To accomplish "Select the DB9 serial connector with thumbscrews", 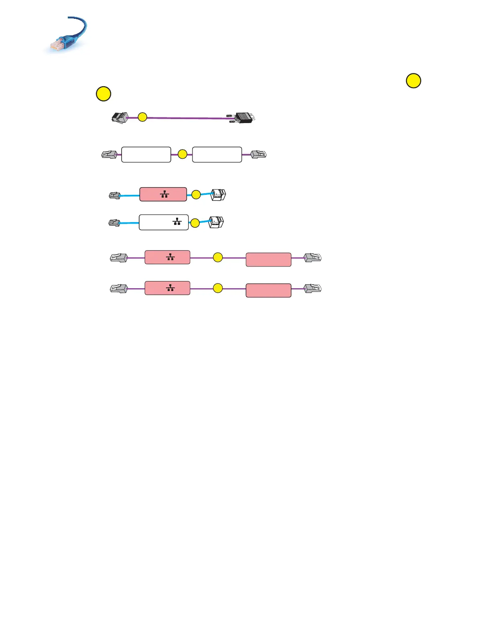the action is (243, 118).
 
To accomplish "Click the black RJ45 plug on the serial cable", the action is (119, 118).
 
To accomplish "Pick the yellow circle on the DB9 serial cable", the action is (142, 117).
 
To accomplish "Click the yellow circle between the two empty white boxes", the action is (183, 154).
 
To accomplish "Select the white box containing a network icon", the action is (164, 222).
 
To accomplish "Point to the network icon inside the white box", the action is (177, 221).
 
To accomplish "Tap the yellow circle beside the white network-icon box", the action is (195, 223).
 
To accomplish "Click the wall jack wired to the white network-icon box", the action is (216, 222).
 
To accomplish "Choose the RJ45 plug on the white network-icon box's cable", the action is (114, 222).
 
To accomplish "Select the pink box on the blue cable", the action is (163, 194).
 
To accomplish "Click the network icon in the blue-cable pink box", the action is (164, 194).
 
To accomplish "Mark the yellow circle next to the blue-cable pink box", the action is (196, 195).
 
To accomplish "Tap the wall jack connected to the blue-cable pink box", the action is (219, 195).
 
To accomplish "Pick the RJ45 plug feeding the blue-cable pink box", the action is (115, 196).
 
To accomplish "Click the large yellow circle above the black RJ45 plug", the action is (103, 94).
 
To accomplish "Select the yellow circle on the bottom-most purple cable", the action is (217, 288).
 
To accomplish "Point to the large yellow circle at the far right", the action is (414, 81).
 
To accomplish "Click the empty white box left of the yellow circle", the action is (146, 154).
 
